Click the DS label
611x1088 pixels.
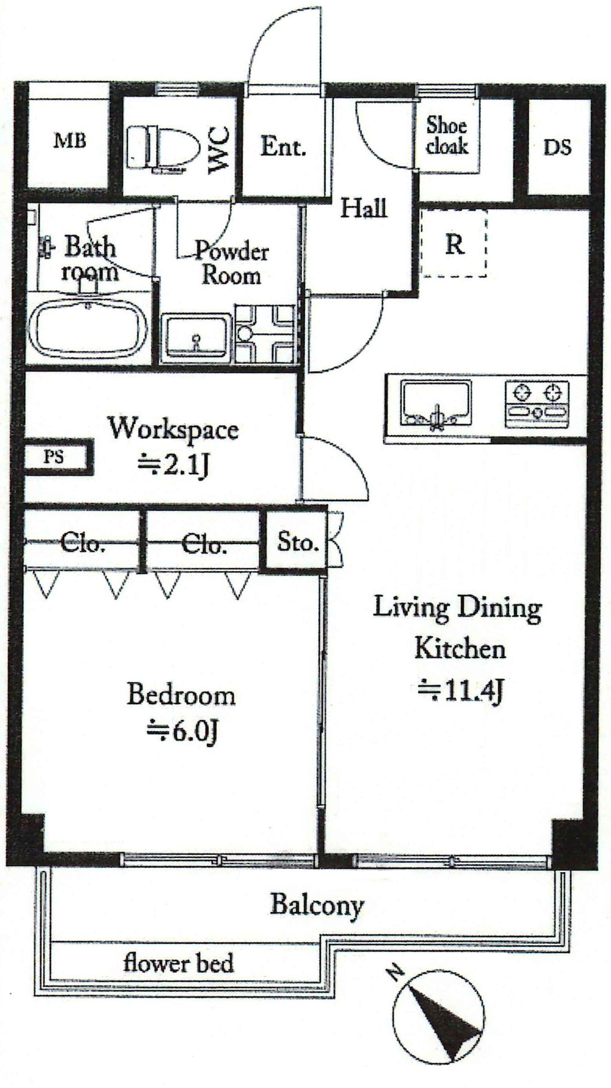pos(557,147)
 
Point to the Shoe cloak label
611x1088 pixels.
pos(447,135)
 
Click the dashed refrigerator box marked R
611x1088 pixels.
pos(454,243)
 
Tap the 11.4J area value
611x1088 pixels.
pos(460,691)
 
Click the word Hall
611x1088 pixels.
pos(364,208)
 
